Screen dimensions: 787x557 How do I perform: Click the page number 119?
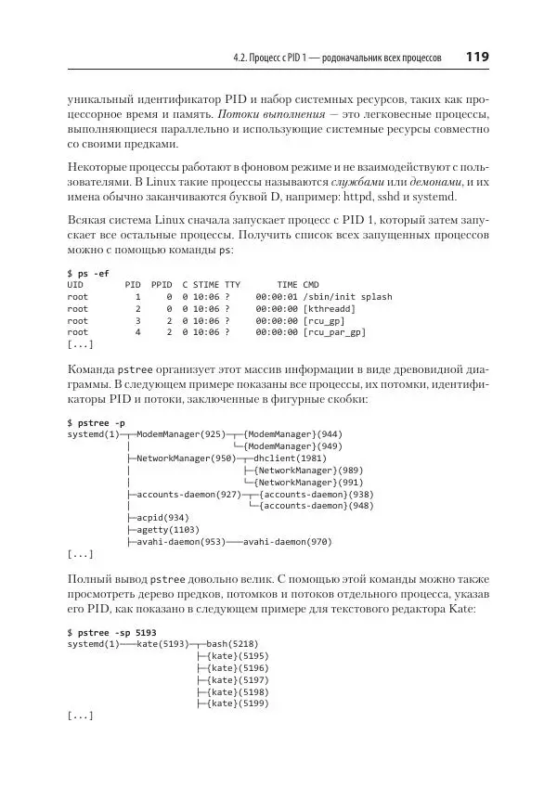coord(478,58)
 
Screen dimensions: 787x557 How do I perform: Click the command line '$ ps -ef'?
coord(88,273)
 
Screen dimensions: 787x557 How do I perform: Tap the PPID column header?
coord(162,285)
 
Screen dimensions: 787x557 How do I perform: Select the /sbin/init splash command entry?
coord(348,297)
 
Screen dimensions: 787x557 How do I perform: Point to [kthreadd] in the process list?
coord(329,308)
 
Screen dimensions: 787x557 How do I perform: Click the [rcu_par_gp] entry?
coord(334,331)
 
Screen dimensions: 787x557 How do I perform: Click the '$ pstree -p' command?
coord(97,422)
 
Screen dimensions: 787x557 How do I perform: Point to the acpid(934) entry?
coord(162,518)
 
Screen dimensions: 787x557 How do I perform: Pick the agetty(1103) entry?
coord(165,530)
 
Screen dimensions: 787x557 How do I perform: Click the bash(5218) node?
coord(232,643)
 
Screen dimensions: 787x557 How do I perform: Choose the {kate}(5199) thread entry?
coord(239,703)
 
